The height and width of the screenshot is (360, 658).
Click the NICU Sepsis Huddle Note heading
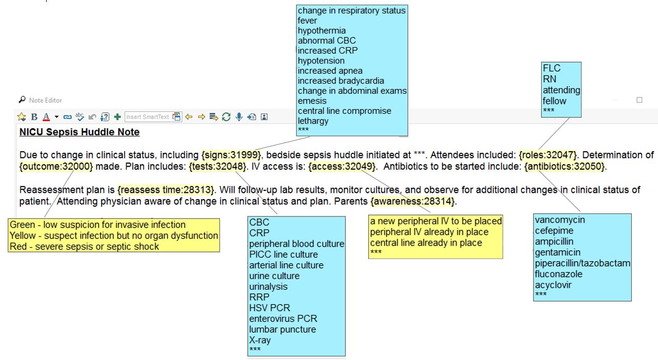tap(79, 132)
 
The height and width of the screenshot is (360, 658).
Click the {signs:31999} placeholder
tap(231, 155)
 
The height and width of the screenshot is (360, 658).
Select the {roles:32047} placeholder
tap(548, 155)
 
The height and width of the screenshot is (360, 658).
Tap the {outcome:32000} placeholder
tap(56, 167)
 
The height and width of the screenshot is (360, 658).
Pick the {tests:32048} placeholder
tap(217, 167)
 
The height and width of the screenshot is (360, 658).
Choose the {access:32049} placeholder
tap(342, 167)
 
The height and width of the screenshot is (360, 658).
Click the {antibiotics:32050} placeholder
tap(565, 167)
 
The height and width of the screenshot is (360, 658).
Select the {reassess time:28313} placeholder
tap(166, 190)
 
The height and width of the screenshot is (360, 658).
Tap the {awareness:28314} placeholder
tap(413, 202)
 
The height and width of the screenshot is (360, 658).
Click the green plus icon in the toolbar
tap(117, 117)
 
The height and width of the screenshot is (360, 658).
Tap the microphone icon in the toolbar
tap(239, 117)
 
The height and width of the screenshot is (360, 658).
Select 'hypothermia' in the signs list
tap(322, 31)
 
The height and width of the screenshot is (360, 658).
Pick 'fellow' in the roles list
tap(554, 101)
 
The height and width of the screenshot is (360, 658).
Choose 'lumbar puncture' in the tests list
tap(283, 329)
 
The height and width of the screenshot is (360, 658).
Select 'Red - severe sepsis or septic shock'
tap(84, 246)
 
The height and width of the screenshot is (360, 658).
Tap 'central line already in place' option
tap(426, 243)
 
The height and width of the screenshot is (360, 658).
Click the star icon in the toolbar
tap(22, 117)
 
